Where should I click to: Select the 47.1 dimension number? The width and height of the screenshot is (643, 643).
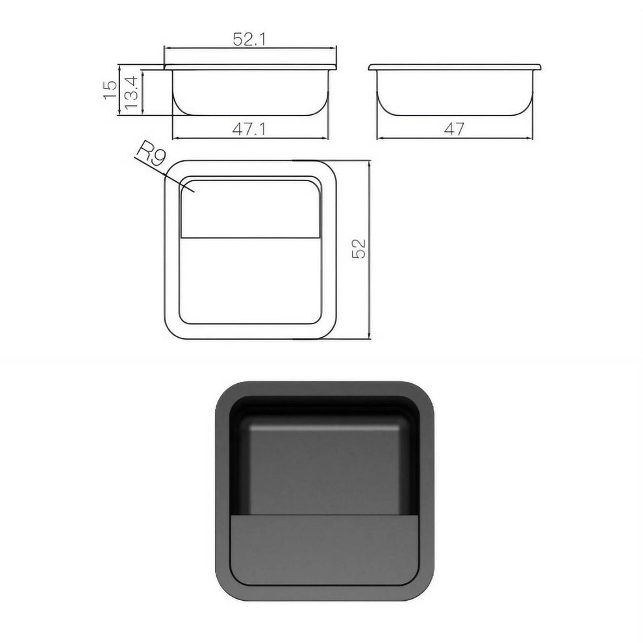point(249,129)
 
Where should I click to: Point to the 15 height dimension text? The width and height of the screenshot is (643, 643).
point(110,90)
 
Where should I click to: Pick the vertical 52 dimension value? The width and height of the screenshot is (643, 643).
point(359,249)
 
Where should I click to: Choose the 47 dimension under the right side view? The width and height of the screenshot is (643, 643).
point(455,129)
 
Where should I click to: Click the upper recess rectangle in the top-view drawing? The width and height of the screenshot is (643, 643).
point(250,208)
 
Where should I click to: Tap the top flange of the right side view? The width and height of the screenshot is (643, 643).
point(455,67)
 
